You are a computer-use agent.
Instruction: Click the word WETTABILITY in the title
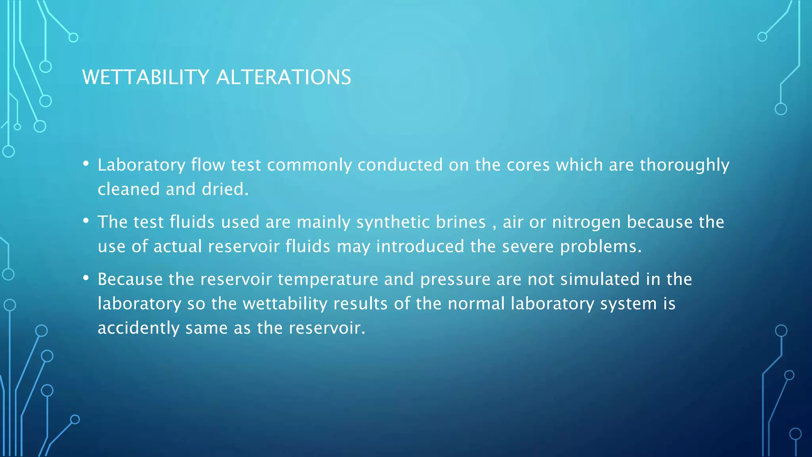click(145, 77)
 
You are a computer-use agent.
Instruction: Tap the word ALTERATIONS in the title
click(283, 77)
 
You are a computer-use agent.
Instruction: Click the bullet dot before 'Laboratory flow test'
click(86, 164)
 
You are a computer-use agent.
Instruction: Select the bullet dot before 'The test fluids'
click(86, 221)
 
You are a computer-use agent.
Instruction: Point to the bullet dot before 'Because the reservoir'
click(86, 278)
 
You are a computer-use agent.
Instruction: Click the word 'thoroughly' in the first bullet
click(684, 165)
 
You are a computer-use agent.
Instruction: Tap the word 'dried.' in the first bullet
click(225, 189)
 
